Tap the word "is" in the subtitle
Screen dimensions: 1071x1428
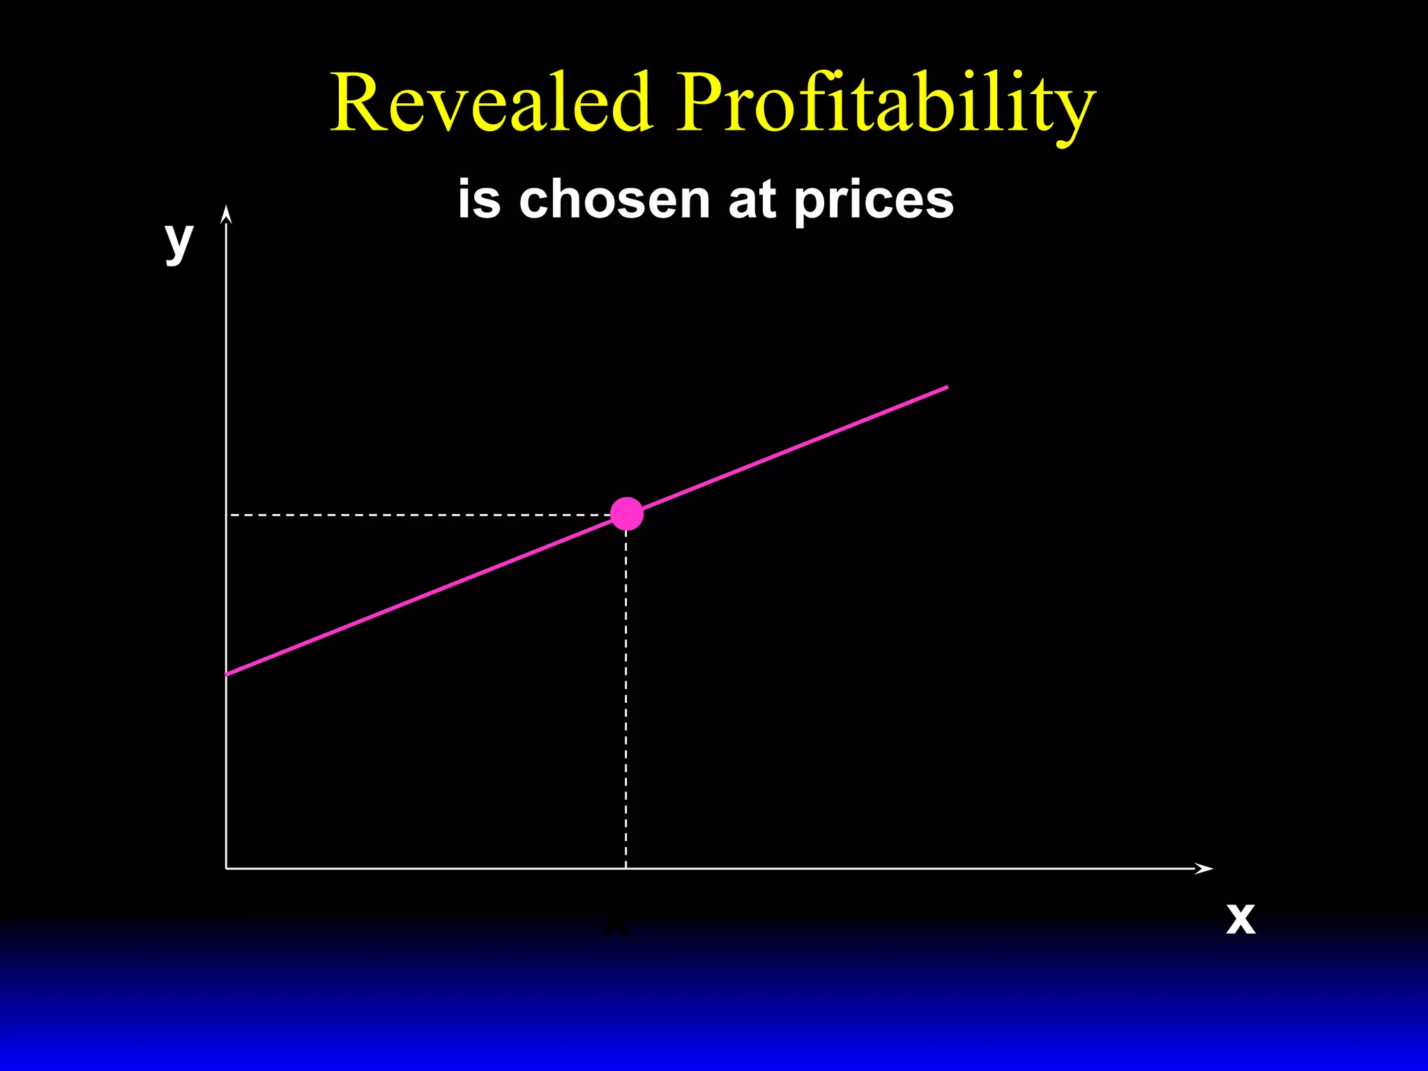[x=480, y=199]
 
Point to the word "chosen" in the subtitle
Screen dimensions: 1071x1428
[x=614, y=199]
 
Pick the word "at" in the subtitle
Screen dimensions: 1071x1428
[x=752, y=199]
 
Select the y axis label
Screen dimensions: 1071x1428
[x=179, y=241]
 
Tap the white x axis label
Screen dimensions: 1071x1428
[x=1240, y=919]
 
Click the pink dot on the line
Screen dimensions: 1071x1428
[x=627, y=514]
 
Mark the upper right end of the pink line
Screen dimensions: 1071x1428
[x=945, y=387]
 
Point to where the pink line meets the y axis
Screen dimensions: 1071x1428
[x=227, y=674]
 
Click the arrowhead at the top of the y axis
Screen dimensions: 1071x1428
[x=226, y=214]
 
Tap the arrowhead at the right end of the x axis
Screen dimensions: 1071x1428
[x=1204, y=868]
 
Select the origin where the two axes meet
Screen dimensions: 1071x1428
[x=227, y=868]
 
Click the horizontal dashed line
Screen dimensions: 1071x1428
[x=418, y=515]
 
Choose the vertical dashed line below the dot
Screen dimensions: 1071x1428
[x=626, y=697]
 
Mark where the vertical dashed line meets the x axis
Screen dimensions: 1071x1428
[x=626, y=868]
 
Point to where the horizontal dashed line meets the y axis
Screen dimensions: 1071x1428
[x=227, y=515]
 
